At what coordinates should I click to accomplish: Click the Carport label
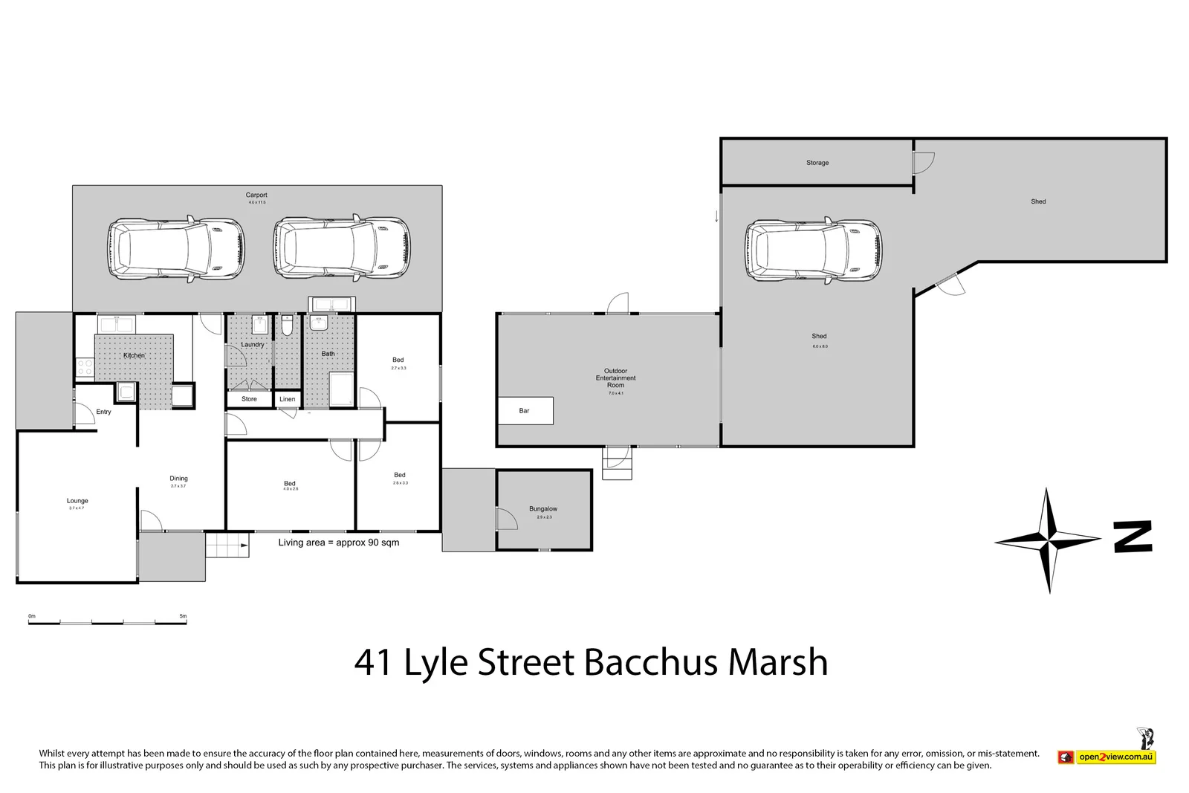tap(256, 195)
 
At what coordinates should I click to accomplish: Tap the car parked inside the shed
tap(814, 250)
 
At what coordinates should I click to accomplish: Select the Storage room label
tap(817, 163)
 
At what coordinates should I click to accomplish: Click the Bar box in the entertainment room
tap(525, 410)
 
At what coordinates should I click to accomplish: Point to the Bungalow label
tap(543, 509)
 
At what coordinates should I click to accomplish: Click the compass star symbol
tap(1048, 540)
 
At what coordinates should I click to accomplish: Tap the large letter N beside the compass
tap(1133, 537)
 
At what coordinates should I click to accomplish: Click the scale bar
tap(108, 621)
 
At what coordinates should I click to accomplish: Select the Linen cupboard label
tap(288, 399)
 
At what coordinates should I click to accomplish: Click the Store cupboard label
tap(249, 399)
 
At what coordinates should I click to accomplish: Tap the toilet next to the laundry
tap(288, 328)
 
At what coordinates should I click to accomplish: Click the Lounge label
tap(77, 501)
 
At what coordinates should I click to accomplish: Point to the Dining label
tap(178, 479)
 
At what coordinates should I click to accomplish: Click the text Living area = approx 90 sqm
tap(339, 543)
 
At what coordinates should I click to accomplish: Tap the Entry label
tap(103, 412)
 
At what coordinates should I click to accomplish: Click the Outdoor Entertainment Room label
tap(615, 378)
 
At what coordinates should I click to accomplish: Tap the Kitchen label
tap(134, 355)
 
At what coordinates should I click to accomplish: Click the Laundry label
tap(253, 345)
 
